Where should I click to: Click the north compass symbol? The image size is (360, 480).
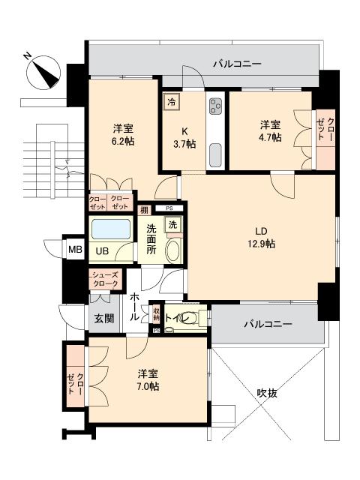(x=43, y=73)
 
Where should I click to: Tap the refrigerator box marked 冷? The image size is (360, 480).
(x=172, y=102)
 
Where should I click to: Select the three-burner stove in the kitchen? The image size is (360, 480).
(x=215, y=106)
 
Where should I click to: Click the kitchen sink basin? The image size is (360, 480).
(x=215, y=155)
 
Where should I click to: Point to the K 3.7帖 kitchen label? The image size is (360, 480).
(x=184, y=138)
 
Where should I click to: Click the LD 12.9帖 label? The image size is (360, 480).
(x=261, y=238)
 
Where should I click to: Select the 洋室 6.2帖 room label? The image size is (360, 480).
(x=123, y=135)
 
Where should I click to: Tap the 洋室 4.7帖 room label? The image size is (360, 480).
(x=271, y=131)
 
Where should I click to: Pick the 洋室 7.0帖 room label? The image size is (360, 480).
(x=148, y=380)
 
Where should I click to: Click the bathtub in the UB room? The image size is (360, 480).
(x=111, y=229)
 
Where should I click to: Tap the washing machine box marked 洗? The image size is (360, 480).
(x=173, y=225)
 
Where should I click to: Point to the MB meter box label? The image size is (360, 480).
(x=75, y=250)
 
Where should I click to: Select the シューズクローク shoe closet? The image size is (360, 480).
(x=105, y=279)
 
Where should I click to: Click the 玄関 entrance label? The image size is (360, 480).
(x=104, y=318)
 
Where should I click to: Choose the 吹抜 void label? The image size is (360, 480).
(x=267, y=393)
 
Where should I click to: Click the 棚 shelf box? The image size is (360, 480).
(x=145, y=210)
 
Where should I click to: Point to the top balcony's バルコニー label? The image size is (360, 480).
(x=238, y=64)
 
